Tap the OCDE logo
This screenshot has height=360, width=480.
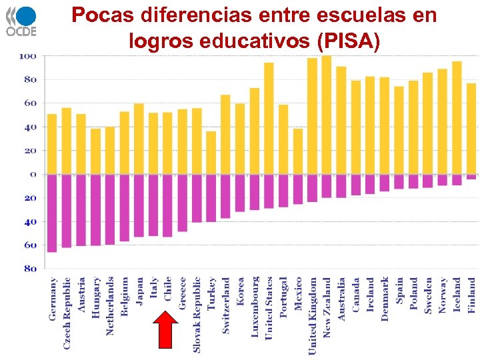pos(21,21)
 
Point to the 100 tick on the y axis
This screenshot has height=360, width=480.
pos(27,56)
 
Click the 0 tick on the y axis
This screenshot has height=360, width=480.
pos(31,174)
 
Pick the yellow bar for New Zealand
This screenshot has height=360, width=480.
pos(327,115)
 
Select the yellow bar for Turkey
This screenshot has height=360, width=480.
pos(211,153)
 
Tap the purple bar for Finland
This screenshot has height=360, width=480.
pos(471,177)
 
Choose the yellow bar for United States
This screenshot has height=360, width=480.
pos(269,118)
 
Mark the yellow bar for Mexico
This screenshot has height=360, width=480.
pos(297,151)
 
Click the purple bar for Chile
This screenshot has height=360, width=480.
pos(167,205)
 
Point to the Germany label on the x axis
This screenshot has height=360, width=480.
pos(53,299)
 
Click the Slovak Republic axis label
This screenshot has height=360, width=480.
pos(197,314)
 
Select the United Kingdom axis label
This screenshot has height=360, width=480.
pos(313,315)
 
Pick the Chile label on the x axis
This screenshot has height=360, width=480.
pos(168,291)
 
